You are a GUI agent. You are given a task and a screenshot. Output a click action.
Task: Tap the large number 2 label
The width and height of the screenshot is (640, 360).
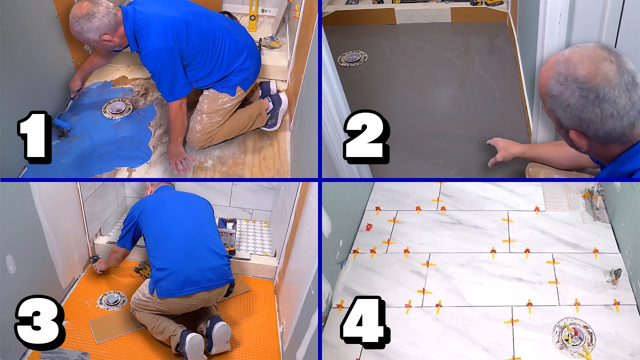[365, 136]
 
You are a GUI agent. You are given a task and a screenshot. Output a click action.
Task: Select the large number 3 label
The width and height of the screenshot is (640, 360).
[39, 320]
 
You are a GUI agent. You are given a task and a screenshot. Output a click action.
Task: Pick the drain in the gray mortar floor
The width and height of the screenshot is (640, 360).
[352, 58]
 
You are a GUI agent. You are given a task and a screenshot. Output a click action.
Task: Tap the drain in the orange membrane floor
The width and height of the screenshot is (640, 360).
[112, 300]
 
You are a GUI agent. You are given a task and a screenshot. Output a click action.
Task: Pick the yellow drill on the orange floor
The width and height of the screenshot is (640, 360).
[142, 270]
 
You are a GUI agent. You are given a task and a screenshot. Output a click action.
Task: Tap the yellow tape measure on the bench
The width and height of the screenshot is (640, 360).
[230, 249]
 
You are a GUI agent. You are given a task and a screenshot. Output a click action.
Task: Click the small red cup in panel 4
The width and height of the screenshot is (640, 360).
[369, 227]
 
